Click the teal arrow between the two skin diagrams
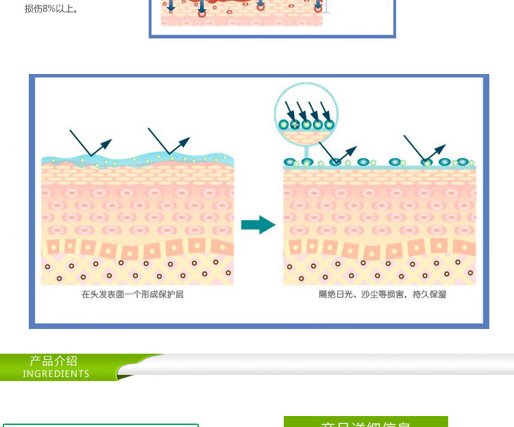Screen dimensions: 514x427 (x=258, y=225)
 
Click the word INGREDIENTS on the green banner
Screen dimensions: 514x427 (x=56, y=374)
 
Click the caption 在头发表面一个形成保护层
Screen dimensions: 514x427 (x=132, y=295)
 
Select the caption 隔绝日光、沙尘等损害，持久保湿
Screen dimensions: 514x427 (x=382, y=295)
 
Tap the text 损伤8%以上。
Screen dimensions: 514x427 (x=51, y=9)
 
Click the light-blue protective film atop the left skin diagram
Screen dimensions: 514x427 (x=137, y=162)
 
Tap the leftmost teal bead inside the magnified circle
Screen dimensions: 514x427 (x=284, y=125)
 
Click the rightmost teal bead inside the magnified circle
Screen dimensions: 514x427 (x=329, y=125)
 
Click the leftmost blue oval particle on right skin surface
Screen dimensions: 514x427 (x=289, y=162)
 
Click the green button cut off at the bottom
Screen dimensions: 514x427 (x=365, y=422)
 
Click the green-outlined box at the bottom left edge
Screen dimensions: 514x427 (x=100, y=425)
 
